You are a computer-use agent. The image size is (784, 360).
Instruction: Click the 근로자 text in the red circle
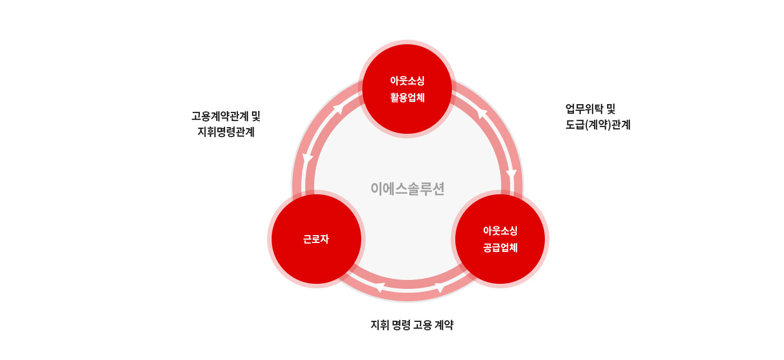tap(316, 239)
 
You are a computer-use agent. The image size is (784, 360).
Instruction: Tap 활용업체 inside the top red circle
tap(408, 97)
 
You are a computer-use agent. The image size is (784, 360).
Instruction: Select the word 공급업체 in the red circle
tap(500, 247)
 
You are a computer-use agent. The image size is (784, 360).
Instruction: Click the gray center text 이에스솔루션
tap(408, 189)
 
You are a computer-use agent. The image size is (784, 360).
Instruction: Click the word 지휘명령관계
tap(226, 132)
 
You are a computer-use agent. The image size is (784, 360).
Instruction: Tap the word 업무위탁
tap(584, 109)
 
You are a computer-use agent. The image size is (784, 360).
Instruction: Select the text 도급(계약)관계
tap(598, 125)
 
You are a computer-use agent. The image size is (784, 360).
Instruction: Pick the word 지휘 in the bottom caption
tap(380, 325)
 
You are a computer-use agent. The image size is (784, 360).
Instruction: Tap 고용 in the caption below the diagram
tap(422, 325)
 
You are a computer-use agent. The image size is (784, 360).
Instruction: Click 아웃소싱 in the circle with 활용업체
tap(408, 81)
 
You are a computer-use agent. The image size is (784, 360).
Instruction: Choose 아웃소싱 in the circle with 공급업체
tap(500, 231)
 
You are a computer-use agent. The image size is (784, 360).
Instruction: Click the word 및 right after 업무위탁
tap(611, 109)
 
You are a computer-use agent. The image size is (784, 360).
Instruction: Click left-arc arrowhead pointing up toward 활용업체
tap(338, 109)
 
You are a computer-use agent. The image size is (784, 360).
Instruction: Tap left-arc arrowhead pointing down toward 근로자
tap(307, 159)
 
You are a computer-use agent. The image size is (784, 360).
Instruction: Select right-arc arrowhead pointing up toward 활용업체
tap(482, 113)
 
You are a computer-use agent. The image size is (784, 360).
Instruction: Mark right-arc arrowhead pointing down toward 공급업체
tap(511, 174)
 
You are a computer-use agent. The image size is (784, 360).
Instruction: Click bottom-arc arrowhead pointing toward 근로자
tap(380, 287)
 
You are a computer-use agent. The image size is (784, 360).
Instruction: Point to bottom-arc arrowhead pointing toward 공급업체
tap(440, 288)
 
